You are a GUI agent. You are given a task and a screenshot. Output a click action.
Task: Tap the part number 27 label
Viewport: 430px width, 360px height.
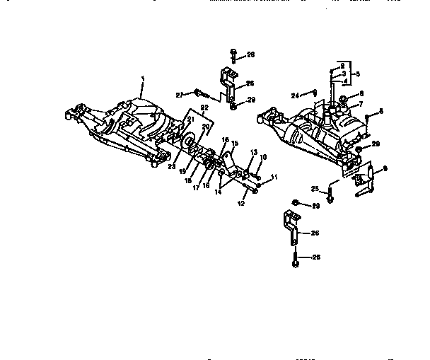point(180,93)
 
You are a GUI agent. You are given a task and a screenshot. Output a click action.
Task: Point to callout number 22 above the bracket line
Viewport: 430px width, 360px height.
point(204,108)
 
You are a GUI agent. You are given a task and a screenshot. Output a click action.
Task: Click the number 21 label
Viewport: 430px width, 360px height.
point(190,119)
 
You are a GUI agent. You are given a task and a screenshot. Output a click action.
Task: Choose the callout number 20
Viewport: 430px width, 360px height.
point(206,127)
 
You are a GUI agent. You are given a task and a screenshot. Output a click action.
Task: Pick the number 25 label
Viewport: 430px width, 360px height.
point(315,189)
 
